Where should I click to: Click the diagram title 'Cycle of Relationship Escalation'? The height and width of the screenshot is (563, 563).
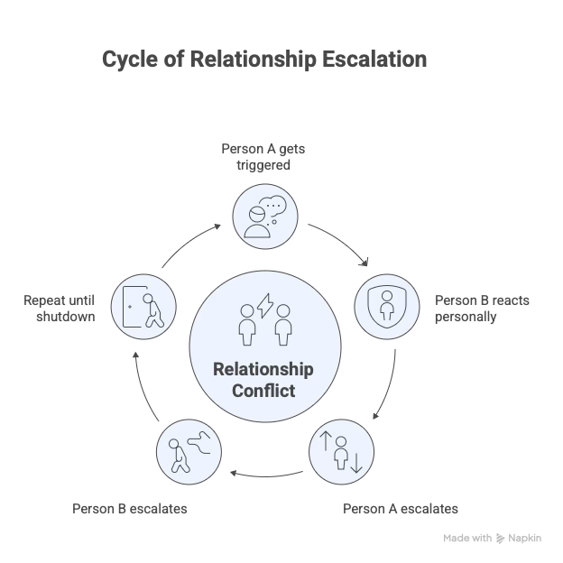pos(263,60)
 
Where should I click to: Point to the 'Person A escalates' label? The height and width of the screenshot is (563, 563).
pos(400,508)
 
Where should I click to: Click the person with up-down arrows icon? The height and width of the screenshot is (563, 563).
pos(341,449)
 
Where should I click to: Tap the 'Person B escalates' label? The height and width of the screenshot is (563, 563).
pos(130,508)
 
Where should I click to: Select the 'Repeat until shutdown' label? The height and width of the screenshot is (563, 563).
pos(61,309)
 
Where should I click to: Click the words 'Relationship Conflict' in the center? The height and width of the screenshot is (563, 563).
pos(264,381)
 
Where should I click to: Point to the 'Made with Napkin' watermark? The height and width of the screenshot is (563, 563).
pos(494,538)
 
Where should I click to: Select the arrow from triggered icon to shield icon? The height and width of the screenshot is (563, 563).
pos(341,242)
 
